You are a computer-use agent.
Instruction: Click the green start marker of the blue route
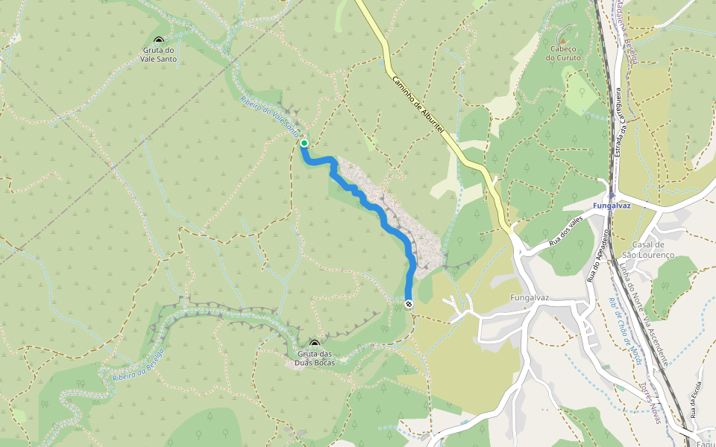(x=304, y=143)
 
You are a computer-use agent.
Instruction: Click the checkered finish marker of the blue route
(x=409, y=304)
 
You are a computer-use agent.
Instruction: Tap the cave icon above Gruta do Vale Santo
(x=158, y=41)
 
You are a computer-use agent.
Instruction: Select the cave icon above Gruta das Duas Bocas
(x=314, y=343)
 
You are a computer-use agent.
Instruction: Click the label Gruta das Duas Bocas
(x=314, y=358)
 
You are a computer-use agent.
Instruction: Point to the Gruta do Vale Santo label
(x=158, y=54)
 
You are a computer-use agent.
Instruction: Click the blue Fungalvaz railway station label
(x=612, y=205)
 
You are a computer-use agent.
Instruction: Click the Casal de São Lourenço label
(x=653, y=250)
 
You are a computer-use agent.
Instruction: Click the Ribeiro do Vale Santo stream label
(x=269, y=115)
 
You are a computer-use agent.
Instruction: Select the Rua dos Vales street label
(x=565, y=232)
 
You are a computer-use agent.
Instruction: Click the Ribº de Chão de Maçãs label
(x=625, y=327)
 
